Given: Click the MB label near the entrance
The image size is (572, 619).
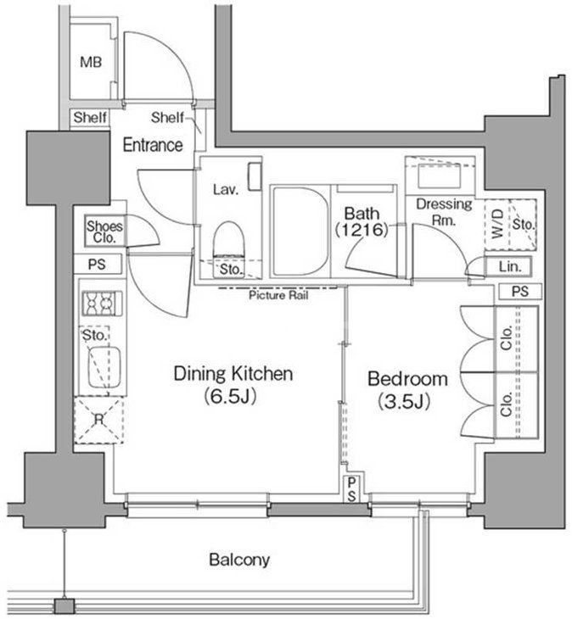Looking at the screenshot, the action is coord(91,62).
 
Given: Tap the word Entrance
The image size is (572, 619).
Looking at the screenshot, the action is coord(153,145).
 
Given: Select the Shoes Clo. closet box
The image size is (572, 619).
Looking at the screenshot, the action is coord(104,231).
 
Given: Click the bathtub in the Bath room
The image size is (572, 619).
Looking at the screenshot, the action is coord(300,231).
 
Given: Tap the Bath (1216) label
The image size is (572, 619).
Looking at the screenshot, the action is coord(362,222).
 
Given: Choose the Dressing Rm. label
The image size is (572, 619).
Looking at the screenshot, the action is coord(444,212).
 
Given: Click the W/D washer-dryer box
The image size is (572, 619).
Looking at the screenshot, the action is coord(497,224).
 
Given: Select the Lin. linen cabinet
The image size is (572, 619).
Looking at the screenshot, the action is coord(508,266).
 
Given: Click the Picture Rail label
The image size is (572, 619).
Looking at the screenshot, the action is coord(278,295).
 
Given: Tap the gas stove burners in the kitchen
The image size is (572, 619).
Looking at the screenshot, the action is coord(102,304).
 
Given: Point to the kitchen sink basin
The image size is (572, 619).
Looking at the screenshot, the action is coord(104,367).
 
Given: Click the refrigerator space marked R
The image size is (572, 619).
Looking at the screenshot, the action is coord(98,420).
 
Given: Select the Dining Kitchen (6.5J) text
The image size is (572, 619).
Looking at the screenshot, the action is coord(233,384).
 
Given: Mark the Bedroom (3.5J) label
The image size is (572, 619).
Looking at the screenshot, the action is coord(407,390).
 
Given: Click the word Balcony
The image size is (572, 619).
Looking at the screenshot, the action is coord(239,560).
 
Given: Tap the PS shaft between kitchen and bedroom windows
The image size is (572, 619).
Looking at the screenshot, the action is coord(351,489).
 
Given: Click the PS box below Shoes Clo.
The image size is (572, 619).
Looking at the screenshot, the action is coord(98,264).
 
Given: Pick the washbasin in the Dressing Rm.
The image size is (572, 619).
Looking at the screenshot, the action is coord(440,176).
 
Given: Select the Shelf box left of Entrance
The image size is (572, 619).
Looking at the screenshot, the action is coord(90,118).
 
